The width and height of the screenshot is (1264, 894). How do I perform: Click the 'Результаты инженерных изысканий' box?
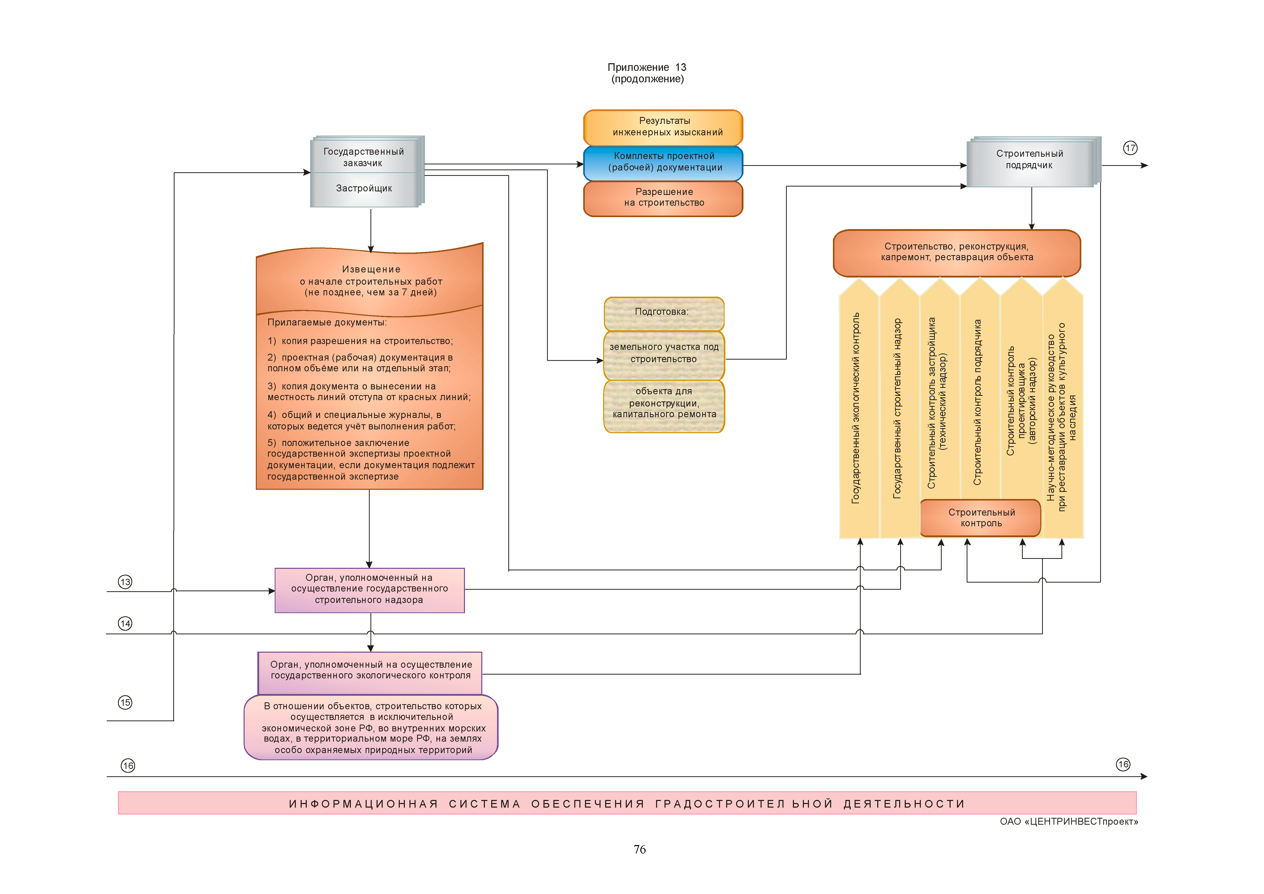coord(663,127)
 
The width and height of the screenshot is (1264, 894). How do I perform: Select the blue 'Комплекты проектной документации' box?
coord(663,162)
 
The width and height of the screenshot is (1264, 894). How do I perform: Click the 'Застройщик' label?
coord(364,188)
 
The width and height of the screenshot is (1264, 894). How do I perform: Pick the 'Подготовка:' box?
coord(663,312)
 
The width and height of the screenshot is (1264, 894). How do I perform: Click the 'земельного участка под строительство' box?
coord(663,353)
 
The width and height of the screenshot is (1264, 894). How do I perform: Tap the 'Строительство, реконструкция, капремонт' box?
coord(957,252)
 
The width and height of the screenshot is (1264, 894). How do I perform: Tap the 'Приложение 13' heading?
coord(647,67)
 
